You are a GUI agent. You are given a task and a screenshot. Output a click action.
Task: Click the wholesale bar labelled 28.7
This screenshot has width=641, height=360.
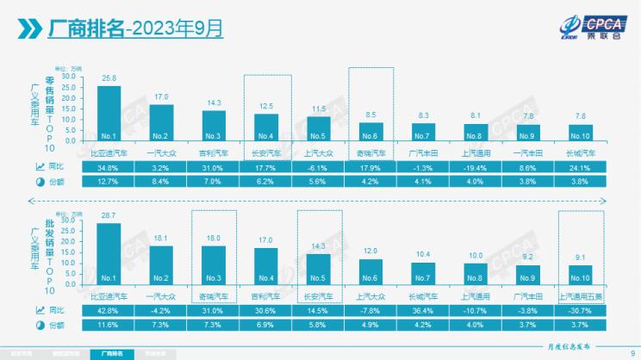pyautogui.click(x=109, y=255)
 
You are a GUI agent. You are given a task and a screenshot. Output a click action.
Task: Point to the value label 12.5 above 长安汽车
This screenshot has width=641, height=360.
pyautogui.click(x=267, y=106)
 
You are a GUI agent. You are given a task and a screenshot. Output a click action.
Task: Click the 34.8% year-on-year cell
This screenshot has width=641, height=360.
pyautogui.click(x=109, y=166)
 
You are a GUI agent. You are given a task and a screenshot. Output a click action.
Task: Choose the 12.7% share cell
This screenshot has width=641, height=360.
pyautogui.click(x=109, y=182)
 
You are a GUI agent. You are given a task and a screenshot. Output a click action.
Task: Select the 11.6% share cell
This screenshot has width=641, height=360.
pyautogui.click(x=109, y=324)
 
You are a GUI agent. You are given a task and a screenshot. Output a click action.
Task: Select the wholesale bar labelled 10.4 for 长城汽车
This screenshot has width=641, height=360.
pyautogui.click(x=425, y=273)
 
